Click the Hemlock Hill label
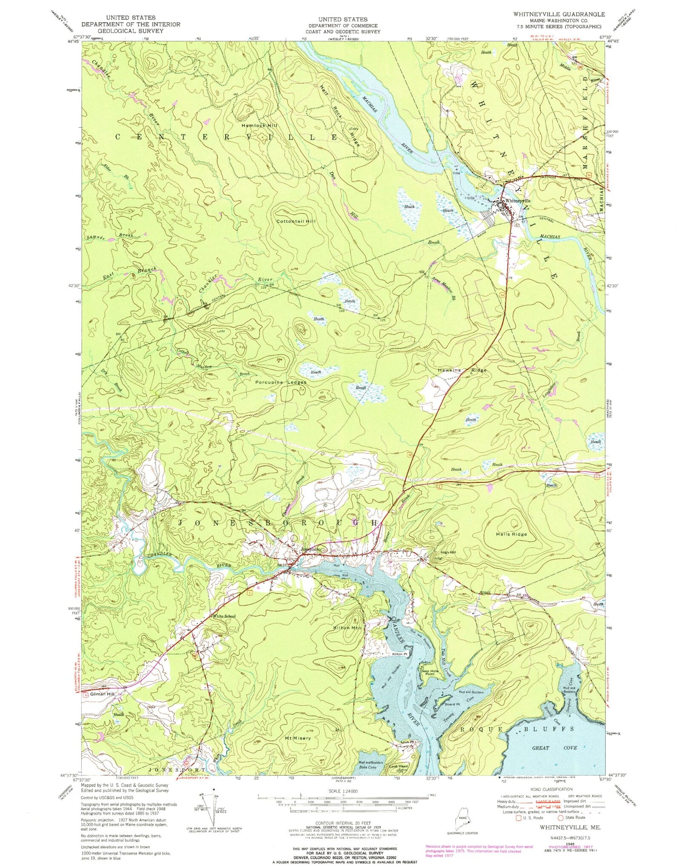tap(259, 125)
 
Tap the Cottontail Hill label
tap(296, 222)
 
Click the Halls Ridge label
tap(512, 534)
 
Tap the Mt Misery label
tap(298, 738)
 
